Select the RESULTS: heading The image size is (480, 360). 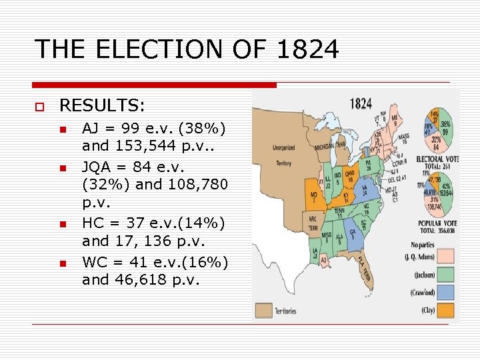tap(103, 105)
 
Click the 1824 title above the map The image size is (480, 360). tap(361, 105)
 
